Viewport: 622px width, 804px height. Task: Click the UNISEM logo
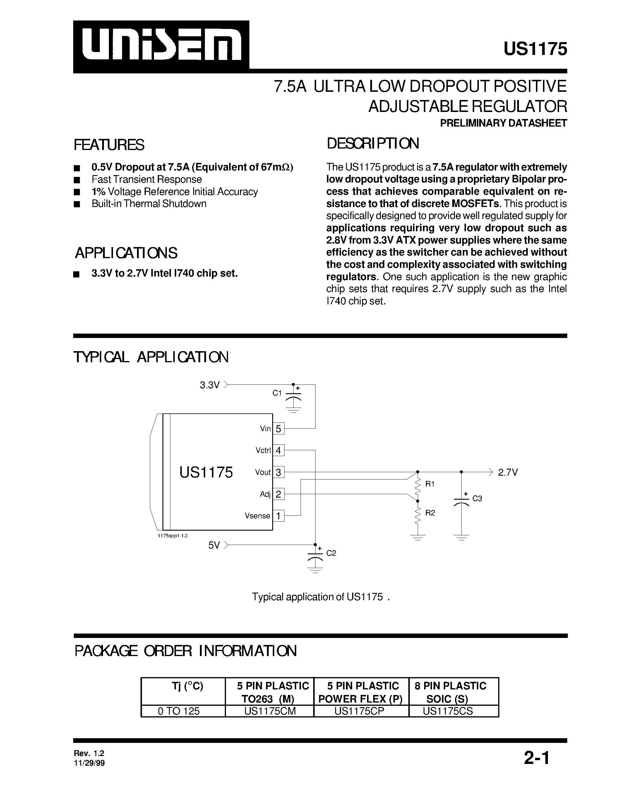pyautogui.click(x=161, y=46)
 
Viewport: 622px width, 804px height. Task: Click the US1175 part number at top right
pyautogui.click(x=535, y=49)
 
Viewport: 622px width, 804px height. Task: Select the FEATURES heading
pyautogui.click(x=109, y=145)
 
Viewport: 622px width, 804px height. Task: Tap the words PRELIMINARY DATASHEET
pyautogui.click(x=503, y=123)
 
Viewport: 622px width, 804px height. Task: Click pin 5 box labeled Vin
pyautogui.click(x=278, y=429)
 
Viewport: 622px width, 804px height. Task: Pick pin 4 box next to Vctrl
pyautogui.click(x=278, y=450)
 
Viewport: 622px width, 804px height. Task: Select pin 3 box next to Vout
pyautogui.click(x=278, y=472)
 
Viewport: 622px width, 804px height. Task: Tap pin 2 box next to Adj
pyautogui.click(x=278, y=494)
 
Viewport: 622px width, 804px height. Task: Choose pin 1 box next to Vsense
pyautogui.click(x=278, y=516)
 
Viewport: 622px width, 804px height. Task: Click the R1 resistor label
pyautogui.click(x=430, y=484)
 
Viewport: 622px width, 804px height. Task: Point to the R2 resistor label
pyautogui.click(x=430, y=513)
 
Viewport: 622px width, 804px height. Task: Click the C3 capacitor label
pyautogui.click(x=477, y=498)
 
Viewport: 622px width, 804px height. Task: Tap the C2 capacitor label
pyautogui.click(x=331, y=553)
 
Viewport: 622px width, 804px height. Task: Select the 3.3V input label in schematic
pyautogui.click(x=210, y=385)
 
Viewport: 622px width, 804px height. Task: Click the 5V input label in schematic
pyautogui.click(x=214, y=545)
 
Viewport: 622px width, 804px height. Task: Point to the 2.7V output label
pyautogui.click(x=508, y=472)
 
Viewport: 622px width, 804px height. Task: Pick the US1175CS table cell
pyautogui.click(x=448, y=711)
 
